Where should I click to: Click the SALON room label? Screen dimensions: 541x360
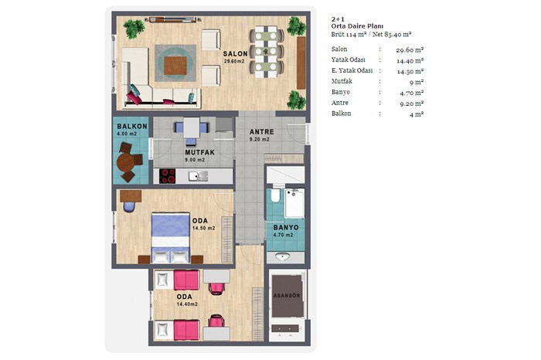click(235, 54)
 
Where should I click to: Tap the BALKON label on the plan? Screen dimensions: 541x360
click(132, 127)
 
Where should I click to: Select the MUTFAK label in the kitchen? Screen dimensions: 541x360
click(199, 152)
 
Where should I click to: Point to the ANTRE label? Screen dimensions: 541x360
click(262, 132)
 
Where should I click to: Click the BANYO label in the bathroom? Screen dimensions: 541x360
click(286, 228)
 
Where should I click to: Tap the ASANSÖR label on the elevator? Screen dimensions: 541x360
click(287, 296)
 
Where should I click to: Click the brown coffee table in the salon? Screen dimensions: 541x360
click(175, 66)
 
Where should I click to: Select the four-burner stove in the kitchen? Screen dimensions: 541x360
click(168, 176)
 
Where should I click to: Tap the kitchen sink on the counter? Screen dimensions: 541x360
click(198, 176)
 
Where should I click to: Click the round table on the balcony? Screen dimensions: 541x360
click(125, 162)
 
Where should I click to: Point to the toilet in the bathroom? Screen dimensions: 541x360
click(275, 195)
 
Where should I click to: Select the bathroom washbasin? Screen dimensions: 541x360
click(283, 256)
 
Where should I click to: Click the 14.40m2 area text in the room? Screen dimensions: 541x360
click(187, 304)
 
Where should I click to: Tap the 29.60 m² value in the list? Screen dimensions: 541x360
click(410, 50)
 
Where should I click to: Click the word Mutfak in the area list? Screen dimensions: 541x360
click(342, 81)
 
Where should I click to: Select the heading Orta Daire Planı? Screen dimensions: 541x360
click(357, 26)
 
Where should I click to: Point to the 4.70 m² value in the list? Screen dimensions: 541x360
click(412, 93)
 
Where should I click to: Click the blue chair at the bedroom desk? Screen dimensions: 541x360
click(129, 207)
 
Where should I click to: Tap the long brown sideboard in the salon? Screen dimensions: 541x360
click(301, 63)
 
